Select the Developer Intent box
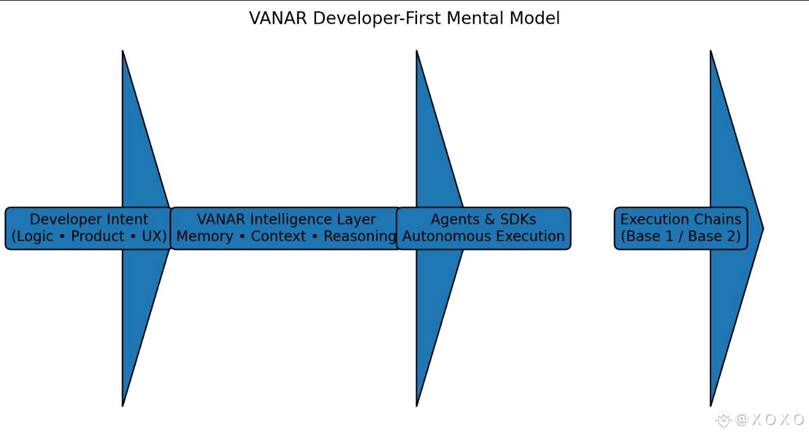(x=88, y=228)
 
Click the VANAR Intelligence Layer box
(x=286, y=228)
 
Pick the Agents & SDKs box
(x=484, y=228)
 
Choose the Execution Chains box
(x=680, y=228)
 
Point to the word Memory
(x=206, y=237)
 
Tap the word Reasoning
(x=360, y=237)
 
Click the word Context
(x=278, y=237)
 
